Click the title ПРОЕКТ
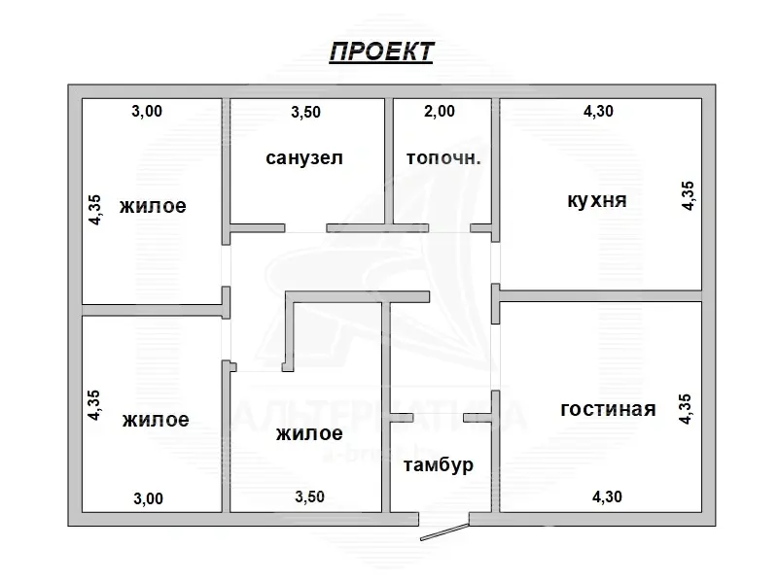(380, 51)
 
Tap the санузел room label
(304, 157)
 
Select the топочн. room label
(442, 157)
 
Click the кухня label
(596, 201)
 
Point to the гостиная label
(608, 409)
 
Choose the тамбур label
(439, 464)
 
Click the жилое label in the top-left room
(153, 206)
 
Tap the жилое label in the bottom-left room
(156, 420)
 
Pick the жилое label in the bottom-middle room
(308, 433)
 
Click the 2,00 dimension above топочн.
(440, 112)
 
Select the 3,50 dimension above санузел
(305, 112)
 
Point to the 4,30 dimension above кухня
(598, 112)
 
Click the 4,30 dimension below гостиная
(607, 497)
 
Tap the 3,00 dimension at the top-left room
(147, 112)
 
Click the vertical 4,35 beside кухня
(688, 194)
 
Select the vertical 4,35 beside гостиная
(686, 408)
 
